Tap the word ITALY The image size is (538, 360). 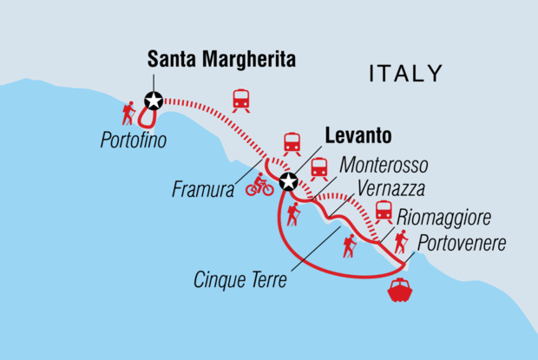405,72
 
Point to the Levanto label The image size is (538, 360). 358,136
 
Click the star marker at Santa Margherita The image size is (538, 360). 154,101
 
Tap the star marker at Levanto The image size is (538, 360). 288,182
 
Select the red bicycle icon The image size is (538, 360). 259,185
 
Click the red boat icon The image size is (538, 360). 401,290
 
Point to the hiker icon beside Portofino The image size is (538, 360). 128,113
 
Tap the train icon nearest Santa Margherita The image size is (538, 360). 241,101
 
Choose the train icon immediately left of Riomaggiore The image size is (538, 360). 383,212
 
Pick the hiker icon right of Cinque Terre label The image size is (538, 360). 349,246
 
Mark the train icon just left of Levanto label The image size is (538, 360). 292,142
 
